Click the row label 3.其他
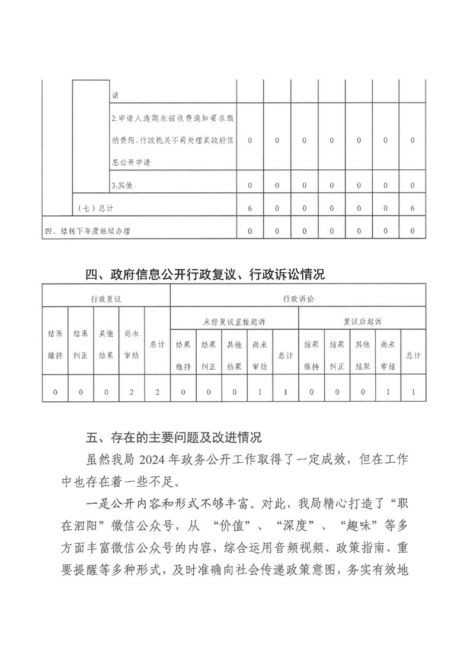122,185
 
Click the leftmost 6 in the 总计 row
250,208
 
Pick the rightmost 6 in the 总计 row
412,208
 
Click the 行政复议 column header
106,299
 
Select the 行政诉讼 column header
298,299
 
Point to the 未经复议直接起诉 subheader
234,321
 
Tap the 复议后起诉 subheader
362,321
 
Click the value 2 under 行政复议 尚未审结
132,391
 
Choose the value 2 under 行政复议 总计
157,391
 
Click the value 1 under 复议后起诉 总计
413,391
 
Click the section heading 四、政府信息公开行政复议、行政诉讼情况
206,275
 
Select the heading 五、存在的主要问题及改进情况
174,438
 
